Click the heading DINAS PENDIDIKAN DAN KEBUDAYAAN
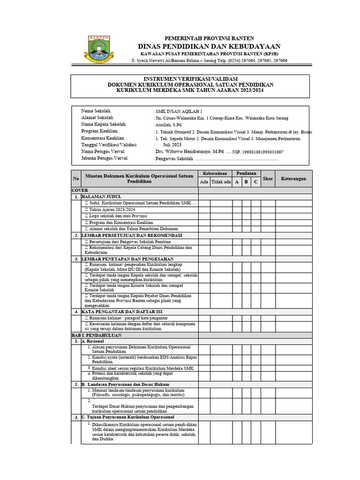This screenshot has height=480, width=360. pos(209,46)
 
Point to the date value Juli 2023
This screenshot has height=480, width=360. pos(172,145)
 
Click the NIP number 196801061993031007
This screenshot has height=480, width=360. pos(262,152)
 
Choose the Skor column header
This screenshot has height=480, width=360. pos(268,179)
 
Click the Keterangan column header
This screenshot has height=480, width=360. pos(293,179)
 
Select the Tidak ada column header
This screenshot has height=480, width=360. pos(221,182)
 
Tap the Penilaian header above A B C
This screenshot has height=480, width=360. pos(246,173)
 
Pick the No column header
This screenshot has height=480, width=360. pos(76,179)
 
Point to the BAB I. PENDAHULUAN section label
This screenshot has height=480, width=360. pos(96,335)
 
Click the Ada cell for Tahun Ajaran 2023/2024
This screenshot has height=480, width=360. pos(204,210)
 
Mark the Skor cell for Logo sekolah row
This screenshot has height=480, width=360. pos(268,216)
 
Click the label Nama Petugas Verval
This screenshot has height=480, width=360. pos(103,152)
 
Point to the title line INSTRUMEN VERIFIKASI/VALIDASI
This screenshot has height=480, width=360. pos(190,78)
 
